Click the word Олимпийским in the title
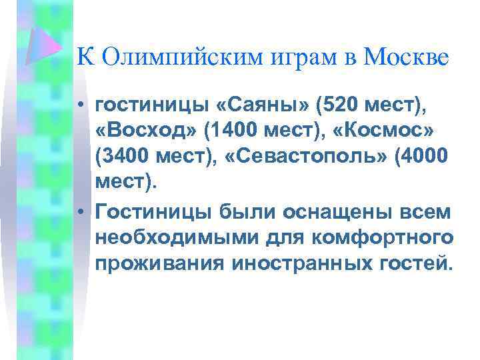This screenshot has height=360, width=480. pyautogui.click(x=162, y=58)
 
